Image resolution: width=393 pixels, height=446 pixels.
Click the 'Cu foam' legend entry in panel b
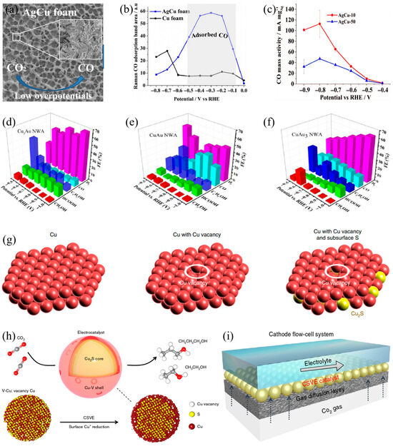pyautogui.click(x=177, y=21)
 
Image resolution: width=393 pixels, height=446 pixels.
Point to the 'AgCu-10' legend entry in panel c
pyautogui.click(x=345, y=14)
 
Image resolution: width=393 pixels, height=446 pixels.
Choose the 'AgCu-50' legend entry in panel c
pyautogui.click(x=345, y=22)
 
